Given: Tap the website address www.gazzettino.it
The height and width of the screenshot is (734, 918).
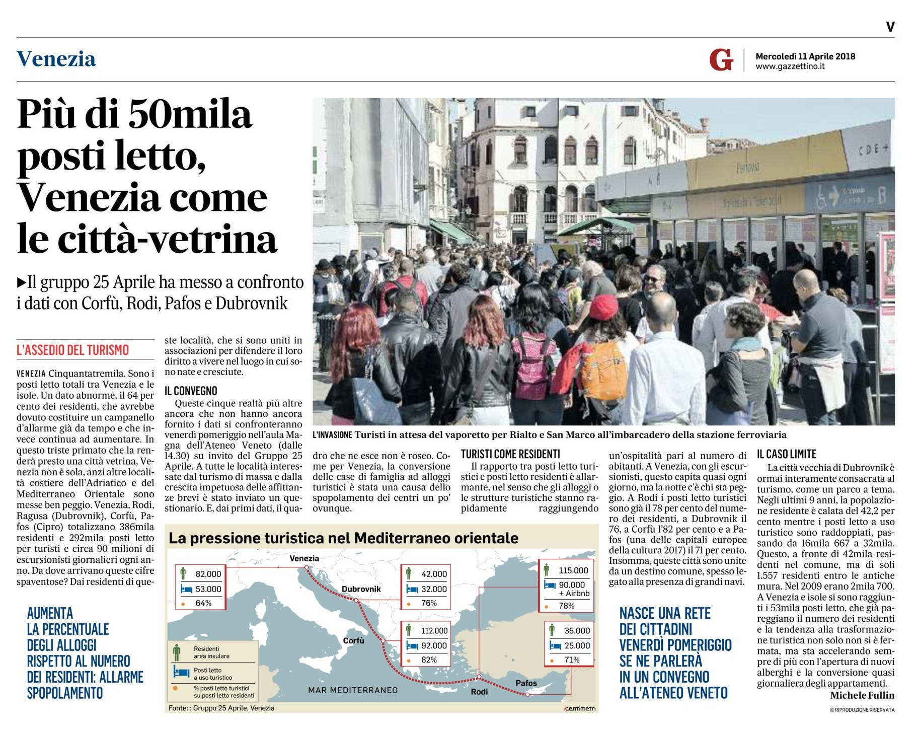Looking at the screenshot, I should point(790,66).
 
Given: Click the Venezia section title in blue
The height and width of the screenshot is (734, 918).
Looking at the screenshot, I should point(56,59).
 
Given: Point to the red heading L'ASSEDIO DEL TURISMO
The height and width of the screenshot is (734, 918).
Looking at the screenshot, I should point(73,350).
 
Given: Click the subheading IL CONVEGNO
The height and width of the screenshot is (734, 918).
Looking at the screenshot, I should point(191,391).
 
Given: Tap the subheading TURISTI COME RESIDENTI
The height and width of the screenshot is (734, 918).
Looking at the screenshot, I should point(510,454).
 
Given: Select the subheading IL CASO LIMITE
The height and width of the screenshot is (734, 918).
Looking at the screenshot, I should point(786,454).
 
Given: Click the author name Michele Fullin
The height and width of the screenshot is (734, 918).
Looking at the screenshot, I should point(862,695).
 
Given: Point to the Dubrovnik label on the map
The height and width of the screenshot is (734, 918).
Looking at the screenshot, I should point(361,589).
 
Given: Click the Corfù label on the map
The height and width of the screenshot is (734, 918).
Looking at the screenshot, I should point(353,640).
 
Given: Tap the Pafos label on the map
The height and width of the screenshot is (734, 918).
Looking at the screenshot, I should point(526,683).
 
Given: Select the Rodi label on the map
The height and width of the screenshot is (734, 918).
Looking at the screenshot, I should point(479,692).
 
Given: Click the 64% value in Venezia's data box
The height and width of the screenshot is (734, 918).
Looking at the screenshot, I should point(203,603).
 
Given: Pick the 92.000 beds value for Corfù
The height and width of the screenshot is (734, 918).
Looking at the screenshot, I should point(434,645).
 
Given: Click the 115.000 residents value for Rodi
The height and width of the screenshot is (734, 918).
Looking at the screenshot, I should point(573,570).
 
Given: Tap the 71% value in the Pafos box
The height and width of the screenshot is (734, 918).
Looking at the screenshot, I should point(572,659).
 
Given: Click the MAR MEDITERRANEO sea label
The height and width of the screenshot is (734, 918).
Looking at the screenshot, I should point(353,690).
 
